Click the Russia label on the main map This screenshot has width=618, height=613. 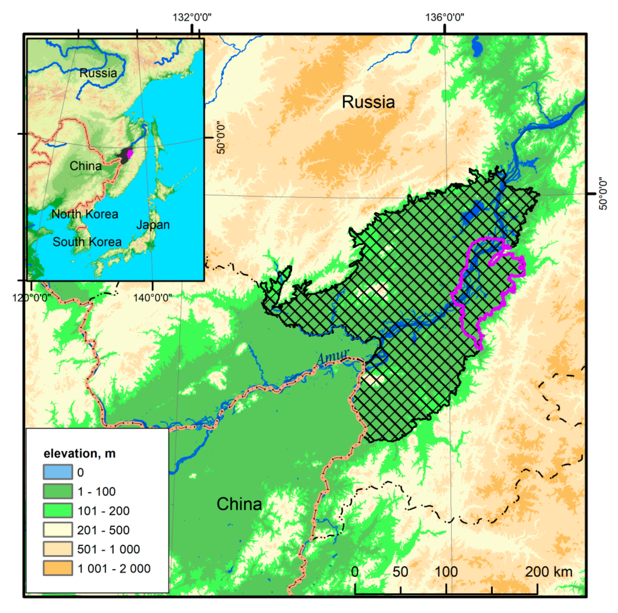tap(368, 102)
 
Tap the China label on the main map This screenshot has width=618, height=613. tap(239, 504)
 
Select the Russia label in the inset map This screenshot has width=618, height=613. tap(98, 73)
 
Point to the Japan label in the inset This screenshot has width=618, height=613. tap(153, 225)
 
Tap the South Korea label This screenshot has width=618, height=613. tap(87, 242)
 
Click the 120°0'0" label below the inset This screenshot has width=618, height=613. tap(31, 298)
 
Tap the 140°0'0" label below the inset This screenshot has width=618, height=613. tap(152, 298)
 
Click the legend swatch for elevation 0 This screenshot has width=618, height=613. tap(58, 472)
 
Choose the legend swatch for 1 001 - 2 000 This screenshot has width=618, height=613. tap(58, 568)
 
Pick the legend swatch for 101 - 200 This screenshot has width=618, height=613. tap(58, 511)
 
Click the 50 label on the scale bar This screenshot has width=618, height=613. tap(400, 571)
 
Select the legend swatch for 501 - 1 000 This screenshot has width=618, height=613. tap(58, 549)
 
